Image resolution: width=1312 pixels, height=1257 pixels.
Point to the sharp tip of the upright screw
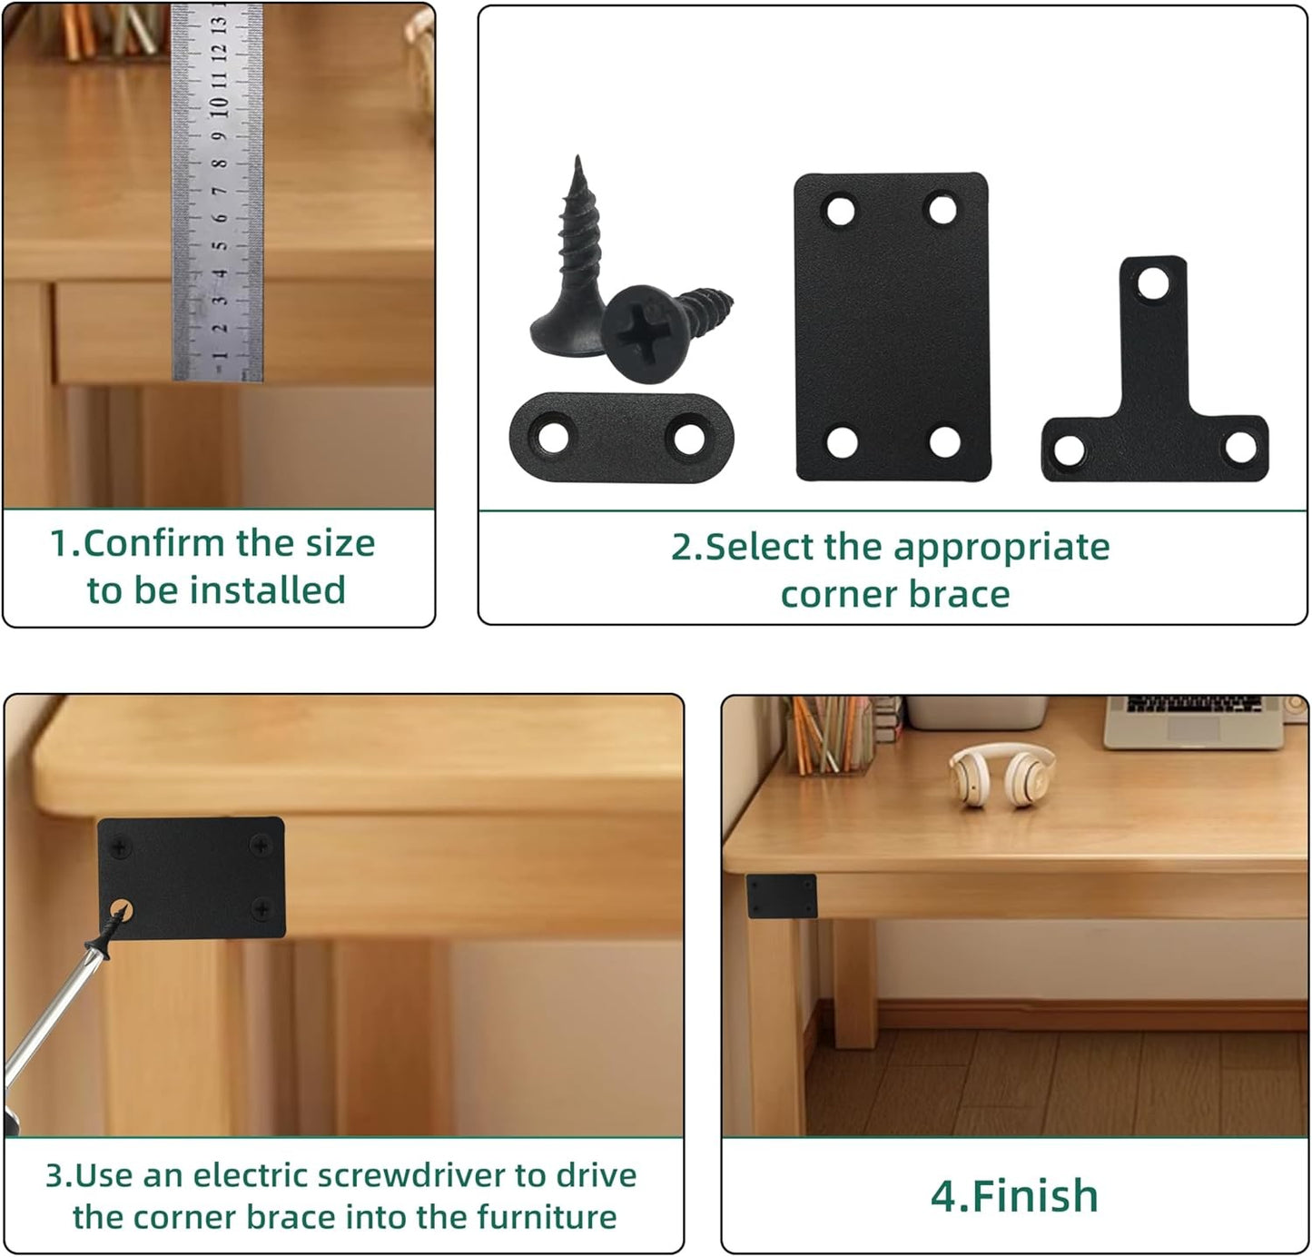coord(577,158)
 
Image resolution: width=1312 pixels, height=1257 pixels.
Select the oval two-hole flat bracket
coord(622,437)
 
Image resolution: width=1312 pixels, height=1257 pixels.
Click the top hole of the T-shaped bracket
coord(1154,283)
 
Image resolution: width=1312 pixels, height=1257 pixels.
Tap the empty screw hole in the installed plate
coord(121,911)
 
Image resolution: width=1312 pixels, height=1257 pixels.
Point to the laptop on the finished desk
coord(1193,722)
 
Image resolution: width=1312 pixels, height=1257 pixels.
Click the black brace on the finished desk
coord(782,896)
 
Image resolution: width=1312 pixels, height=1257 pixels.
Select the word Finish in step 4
coord(1035,1196)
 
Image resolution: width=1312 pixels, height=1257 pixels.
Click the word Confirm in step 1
coord(154,543)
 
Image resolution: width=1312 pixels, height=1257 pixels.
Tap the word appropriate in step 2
coord(1001,549)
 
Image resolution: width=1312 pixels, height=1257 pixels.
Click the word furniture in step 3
coord(547,1218)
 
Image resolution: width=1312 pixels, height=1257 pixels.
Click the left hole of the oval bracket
coord(554,436)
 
